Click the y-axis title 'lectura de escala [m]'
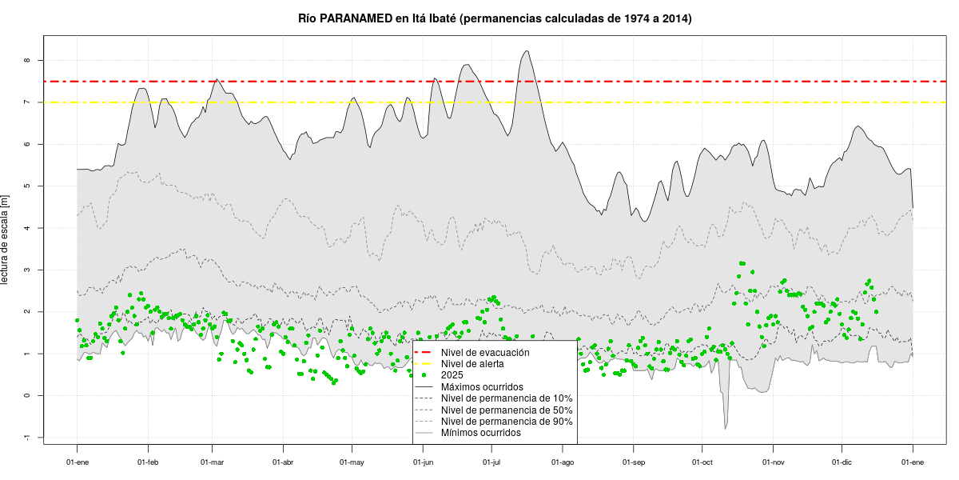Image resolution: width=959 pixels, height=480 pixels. [6, 239]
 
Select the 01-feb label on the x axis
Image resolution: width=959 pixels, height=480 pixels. [148, 462]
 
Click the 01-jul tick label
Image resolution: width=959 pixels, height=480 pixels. [492, 462]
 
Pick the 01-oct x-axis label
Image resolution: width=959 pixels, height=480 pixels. [702, 462]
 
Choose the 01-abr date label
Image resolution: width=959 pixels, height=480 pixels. [283, 462]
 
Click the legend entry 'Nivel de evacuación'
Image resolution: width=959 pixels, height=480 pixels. [485, 352]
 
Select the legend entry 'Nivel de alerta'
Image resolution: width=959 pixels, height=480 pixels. [474, 364]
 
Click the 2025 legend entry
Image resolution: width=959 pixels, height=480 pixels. [452, 375]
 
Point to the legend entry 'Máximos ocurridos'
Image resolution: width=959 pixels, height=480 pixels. [482, 387]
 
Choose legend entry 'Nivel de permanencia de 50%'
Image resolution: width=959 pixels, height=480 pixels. [507, 410]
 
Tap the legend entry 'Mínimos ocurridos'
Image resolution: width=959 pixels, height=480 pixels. [481, 433]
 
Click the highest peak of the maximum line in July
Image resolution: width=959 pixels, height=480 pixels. [527, 51]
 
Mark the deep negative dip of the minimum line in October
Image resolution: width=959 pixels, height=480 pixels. [726, 428]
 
